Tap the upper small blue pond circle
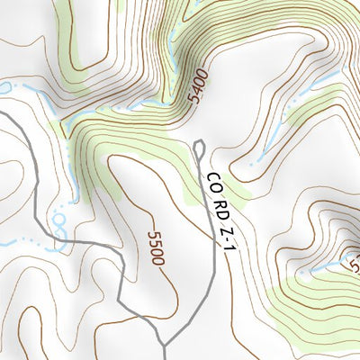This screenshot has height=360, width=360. [59, 219]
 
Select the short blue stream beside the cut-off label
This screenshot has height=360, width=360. [315, 267]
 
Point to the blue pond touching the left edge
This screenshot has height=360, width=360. [4, 87]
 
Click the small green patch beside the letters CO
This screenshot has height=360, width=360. [193, 184]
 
